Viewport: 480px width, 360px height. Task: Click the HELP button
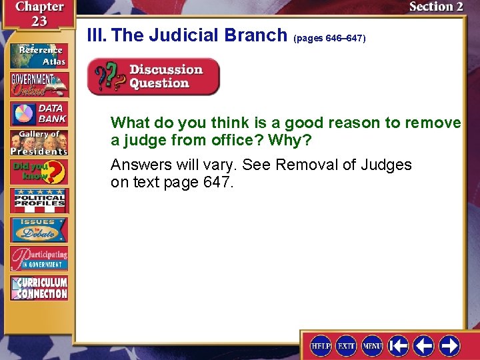321,345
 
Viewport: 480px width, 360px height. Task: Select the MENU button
372,345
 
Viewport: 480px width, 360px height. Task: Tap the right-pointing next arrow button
449,345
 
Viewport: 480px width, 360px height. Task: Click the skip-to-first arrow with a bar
399,345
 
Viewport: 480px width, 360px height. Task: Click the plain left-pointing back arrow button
424,345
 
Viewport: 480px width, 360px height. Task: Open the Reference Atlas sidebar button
39,55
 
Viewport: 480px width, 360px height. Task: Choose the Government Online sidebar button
39,85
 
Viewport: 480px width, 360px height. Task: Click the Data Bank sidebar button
39,113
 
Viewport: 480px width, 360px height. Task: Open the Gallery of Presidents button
39,142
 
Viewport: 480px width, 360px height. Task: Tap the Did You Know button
39,171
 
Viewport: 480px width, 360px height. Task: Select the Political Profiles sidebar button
39,200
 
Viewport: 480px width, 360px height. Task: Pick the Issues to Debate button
39,229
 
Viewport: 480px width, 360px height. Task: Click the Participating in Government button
39,259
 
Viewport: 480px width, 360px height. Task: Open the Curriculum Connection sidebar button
39,287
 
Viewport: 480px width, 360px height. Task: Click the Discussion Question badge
153,77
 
